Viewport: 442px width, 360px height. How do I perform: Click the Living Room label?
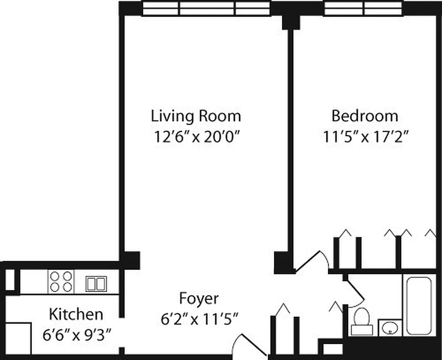click(196, 116)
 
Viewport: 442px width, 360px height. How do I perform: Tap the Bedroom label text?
click(365, 116)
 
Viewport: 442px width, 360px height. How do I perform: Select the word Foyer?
click(199, 298)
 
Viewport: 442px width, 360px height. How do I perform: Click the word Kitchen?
click(76, 314)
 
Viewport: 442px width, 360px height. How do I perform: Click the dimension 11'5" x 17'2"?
click(365, 137)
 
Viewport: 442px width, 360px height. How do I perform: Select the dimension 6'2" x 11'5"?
click(199, 319)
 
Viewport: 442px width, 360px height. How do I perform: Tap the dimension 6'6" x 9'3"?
click(77, 335)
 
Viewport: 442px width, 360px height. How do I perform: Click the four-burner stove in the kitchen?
click(61, 282)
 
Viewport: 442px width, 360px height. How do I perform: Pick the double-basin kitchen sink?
click(96, 284)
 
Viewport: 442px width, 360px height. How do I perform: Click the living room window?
click(206, 8)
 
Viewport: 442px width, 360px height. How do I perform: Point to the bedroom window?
click(363, 8)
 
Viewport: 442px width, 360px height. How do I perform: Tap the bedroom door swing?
click(313, 261)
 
